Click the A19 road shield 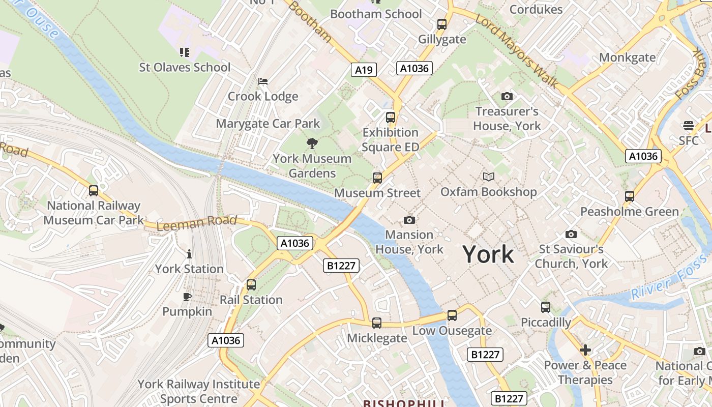(364, 70)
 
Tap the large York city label (488, 254)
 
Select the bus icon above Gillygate (442, 24)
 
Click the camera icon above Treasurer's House (507, 96)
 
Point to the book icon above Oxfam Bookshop (488, 177)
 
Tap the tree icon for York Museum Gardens (312, 143)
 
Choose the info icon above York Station (189, 254)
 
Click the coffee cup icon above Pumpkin (187, 297)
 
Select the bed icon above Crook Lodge (263, 81)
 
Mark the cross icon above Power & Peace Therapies (585, 350)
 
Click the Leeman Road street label (196, 222)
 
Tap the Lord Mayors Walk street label (516, 50)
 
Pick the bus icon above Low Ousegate (452, 315)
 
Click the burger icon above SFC (689, 125)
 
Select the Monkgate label (627, 57)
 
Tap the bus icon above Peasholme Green (630, 196)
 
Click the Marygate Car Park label (268, 124)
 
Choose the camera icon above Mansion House (409, 220)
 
